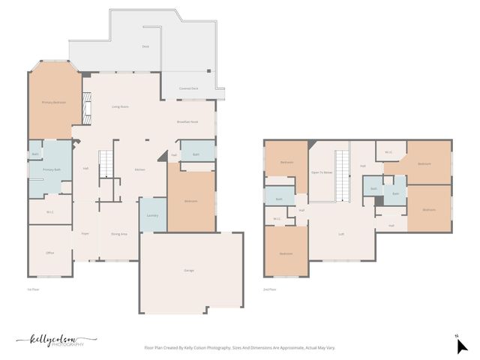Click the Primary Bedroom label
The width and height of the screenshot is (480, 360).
tap(53, 102)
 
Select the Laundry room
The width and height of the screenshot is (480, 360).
tap(152, 215)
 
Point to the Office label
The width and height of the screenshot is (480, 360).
tap(50, 253)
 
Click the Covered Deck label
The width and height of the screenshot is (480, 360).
tap(188, 88)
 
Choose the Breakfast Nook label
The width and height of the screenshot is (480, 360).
tap(187, 121)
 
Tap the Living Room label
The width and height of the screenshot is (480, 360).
tap(120, 106)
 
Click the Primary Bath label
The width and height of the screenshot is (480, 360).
tap(52, 170)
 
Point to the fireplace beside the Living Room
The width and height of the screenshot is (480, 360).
tap(87, 106)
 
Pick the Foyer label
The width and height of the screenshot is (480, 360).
tap(85, 233)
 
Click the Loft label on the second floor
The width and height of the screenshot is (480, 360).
tap(341, 234)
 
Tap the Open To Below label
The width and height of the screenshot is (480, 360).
tap(322, 172)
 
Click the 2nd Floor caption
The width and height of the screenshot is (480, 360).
tap(269, 289)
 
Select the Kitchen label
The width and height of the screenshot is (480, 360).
tap(139, 169)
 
